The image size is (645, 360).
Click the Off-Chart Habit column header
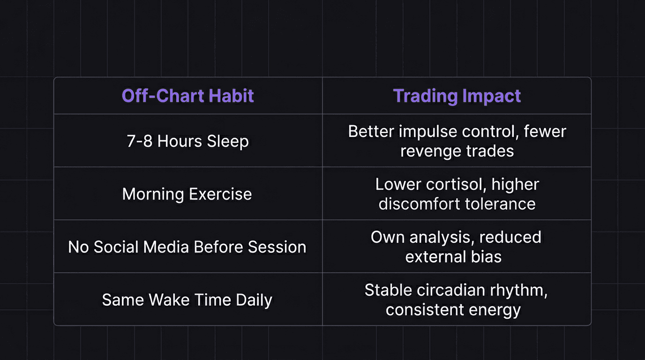point(187,96)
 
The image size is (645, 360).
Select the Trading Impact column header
point(457,96)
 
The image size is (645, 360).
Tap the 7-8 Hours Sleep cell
point(187,141)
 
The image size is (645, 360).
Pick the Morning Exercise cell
point(187,194)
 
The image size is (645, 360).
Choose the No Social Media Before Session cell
point(187,247)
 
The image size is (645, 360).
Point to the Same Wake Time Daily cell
point(187,300)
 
